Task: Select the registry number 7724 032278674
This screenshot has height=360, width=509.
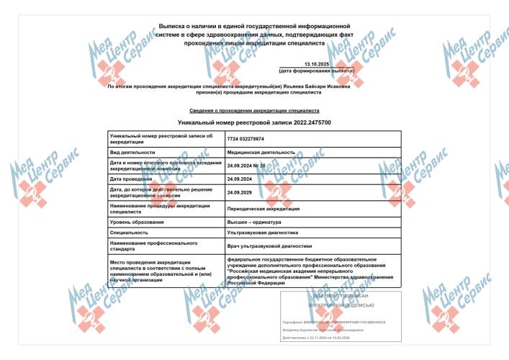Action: pyautogui.click(x=246, y=138)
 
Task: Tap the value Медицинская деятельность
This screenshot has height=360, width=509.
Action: pyautogui.click(x=261, y=153)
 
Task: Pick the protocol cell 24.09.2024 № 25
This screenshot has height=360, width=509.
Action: pyautogui.click(x=247, y=166)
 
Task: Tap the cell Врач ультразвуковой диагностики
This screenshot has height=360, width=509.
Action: pyautogui.click(x=266, y=246)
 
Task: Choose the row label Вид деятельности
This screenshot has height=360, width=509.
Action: pyautogui.click(x=132, y=153)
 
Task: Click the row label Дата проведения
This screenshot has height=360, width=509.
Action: pyautogui.click(x=131, y=179)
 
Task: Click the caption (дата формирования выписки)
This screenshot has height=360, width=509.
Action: pyautogui.click(x=317, y=71)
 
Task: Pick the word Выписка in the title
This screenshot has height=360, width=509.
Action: pyautogui.click(x=177, y=24)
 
